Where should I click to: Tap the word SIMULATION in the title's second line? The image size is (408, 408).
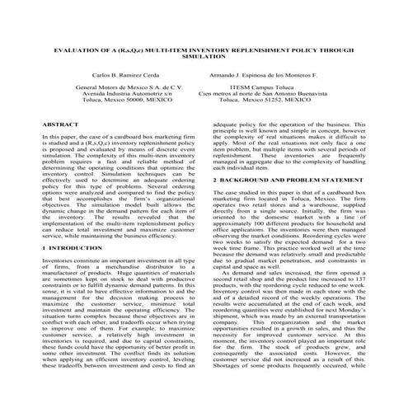point(204,59)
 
